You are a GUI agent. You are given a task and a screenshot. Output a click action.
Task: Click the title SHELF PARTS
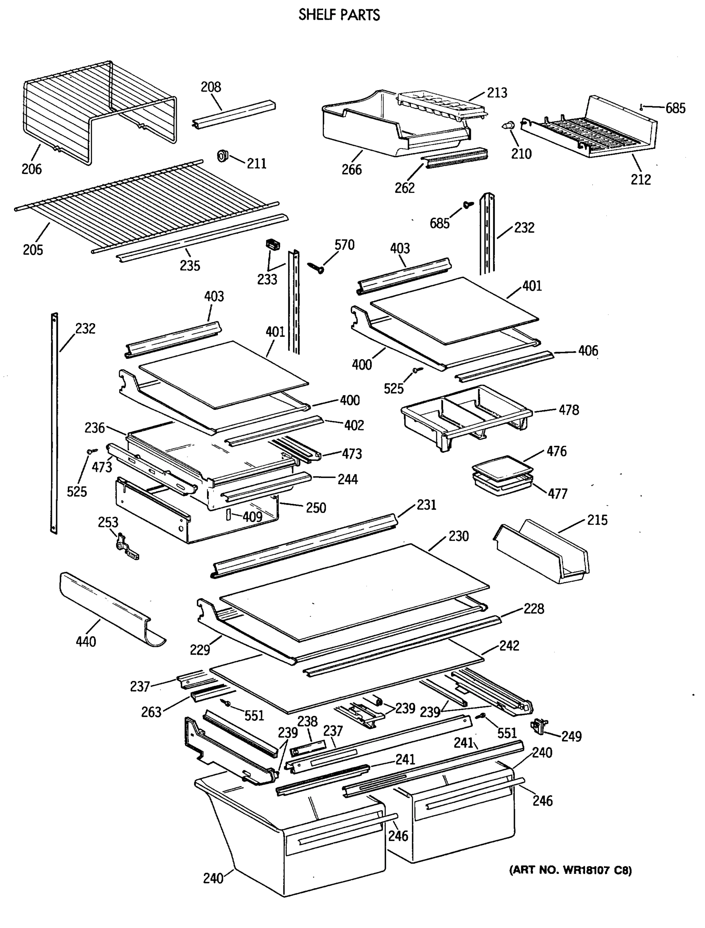pyautogui.click(x=339, y=15)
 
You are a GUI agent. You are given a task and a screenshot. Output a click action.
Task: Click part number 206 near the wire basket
pyautogui.click(x=32, y=169)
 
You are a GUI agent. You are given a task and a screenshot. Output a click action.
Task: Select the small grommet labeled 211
pyautogui.click(x=222, y=156)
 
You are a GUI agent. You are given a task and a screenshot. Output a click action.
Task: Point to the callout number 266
pyautogui.click(x=351, y=169)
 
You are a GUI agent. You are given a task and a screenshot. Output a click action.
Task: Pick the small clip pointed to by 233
pyautogui.click(x=272, y=245)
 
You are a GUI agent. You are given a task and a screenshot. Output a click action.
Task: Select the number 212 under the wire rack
pyautogui.click(x=640, y=179)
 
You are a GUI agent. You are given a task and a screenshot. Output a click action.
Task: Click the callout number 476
pyautogui.click(x=556, y=451)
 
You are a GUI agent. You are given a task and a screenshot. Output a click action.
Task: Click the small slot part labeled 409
pyautogui.click(x=228, y=515)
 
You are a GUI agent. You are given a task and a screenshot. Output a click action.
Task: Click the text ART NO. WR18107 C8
pyautogui.click(x=570, y=870)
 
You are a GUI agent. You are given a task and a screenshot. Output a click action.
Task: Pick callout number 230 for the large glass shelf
pyautogui.click(x=458, y=536)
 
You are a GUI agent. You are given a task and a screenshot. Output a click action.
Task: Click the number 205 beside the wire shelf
pyautogui.click(x=33, y=250)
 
